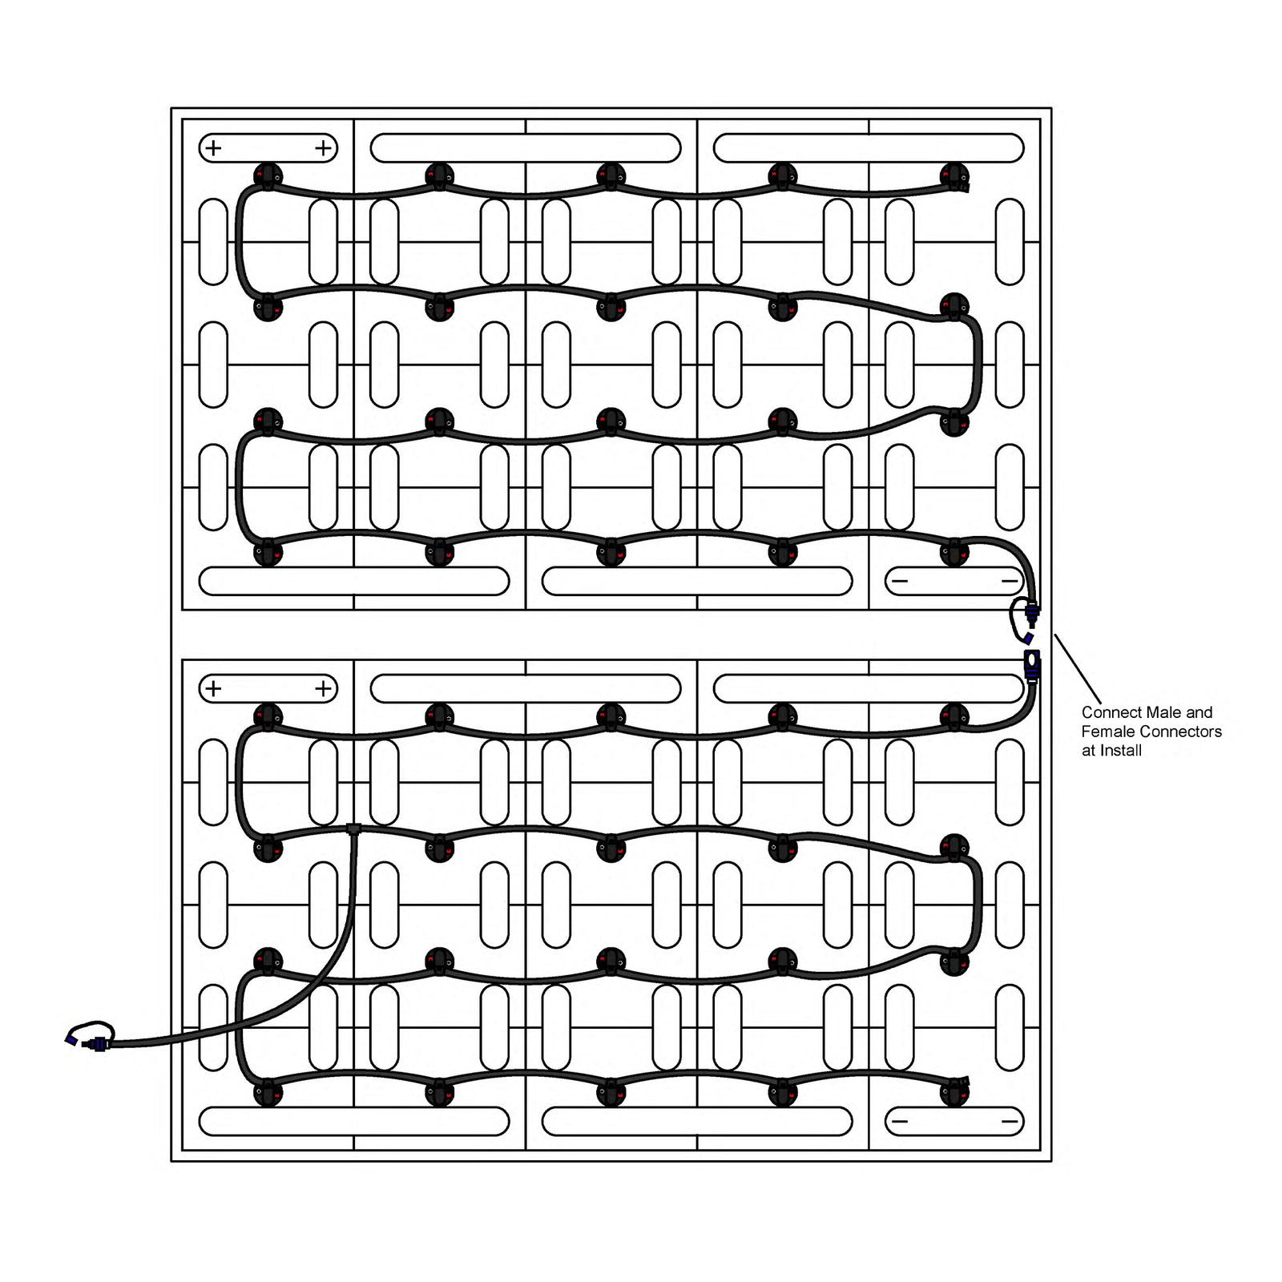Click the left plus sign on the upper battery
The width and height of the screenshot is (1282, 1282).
tap(213, 148)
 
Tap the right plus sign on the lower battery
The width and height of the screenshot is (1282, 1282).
tap(323, 688)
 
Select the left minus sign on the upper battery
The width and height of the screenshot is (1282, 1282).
tap(900, 581)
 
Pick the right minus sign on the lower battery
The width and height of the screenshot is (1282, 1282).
tap(1010, 1121)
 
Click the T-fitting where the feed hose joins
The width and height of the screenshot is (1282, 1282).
tap(353, 828)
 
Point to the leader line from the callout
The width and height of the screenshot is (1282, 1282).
tap(1078, 669)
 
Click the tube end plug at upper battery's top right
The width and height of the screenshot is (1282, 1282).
tap(966, 187)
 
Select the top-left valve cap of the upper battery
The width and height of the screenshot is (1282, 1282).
tap(268, 175)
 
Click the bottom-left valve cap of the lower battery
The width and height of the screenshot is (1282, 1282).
tap(268, 1092)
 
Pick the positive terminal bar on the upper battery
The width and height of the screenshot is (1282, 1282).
tap(268, 148)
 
